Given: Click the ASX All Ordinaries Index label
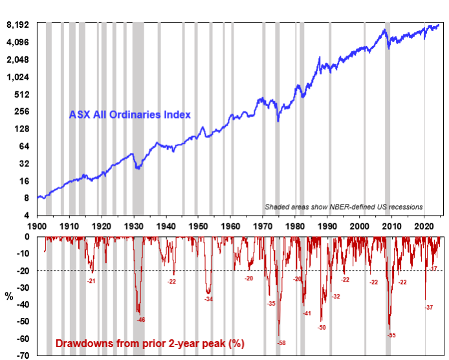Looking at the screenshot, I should click(x=130, y=115).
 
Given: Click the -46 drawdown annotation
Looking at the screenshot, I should click(x=140, y=319).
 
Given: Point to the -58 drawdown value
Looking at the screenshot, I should click(x=280, y=342).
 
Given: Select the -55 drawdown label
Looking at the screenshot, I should click(x=391, y=335).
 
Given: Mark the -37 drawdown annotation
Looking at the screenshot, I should click(x=428, y=308).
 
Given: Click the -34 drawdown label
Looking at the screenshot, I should click(x=208, y=298).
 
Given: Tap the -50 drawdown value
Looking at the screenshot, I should click(x=322, y=328).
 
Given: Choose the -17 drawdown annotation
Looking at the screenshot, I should click(x=433, y=268).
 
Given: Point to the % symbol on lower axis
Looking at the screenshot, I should click(x=8, y=296).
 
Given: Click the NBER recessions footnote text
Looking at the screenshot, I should click(x=344, y=207).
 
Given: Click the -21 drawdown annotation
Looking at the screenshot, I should click(x=92, y=280).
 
